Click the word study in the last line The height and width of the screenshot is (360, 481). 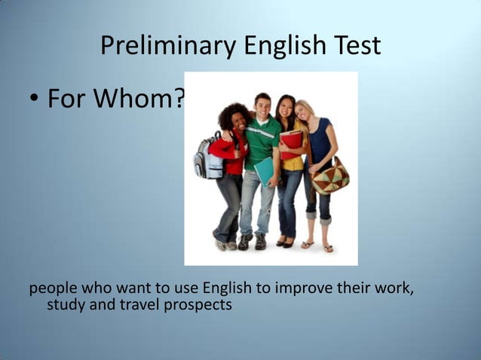pos(63,305)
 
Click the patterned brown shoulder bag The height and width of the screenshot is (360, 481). pos(330,176)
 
